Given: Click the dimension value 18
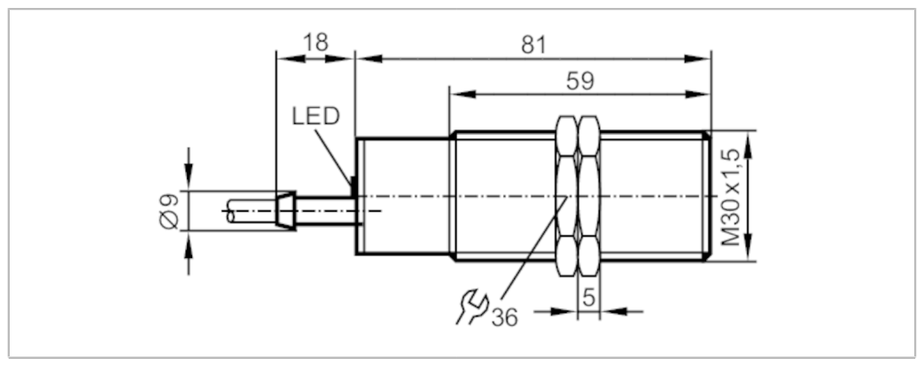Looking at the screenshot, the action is (315, 43).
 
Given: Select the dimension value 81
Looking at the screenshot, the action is (534, 45).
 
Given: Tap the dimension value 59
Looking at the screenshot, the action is (580, 82).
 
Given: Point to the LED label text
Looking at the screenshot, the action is (316, 117).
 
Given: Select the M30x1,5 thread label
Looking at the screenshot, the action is (730, 198).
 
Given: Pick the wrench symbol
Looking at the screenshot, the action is (471, 307).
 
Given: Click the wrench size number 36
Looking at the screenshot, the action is (504, 317).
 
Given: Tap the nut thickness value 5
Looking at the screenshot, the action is (588, 297).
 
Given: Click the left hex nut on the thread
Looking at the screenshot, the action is (567, 196).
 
